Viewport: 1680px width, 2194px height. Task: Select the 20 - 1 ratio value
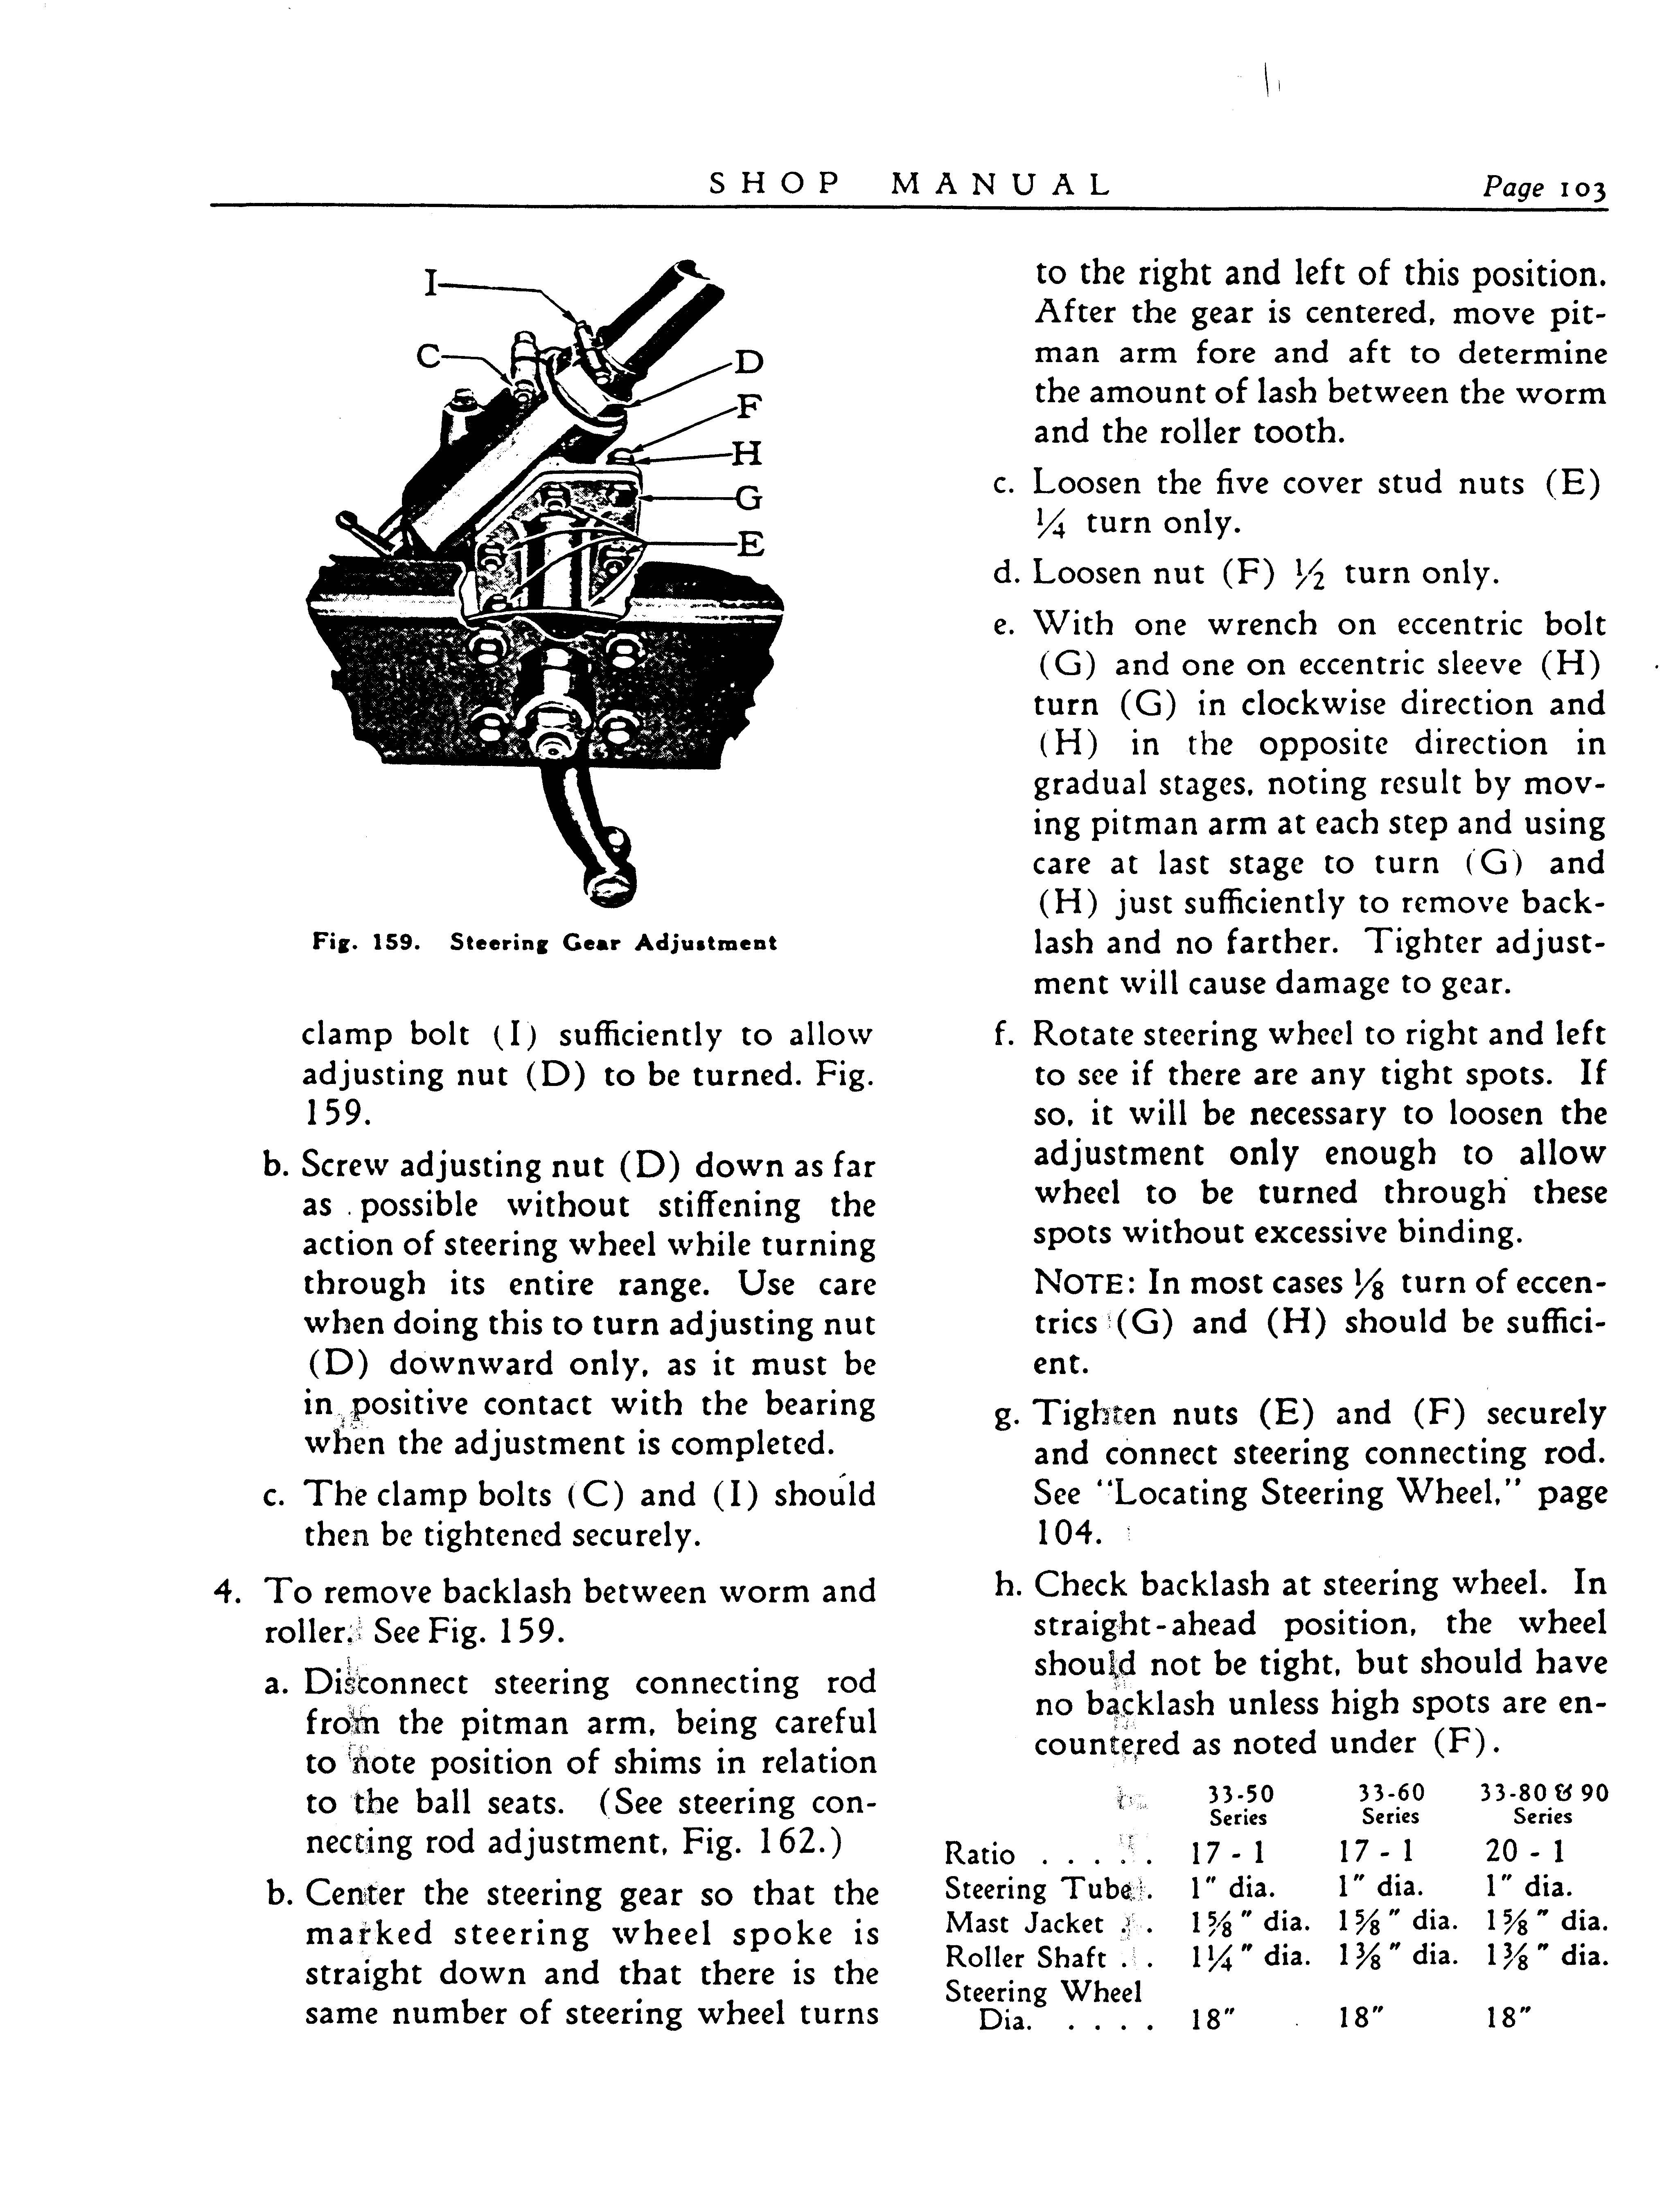(1526, 1852)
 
